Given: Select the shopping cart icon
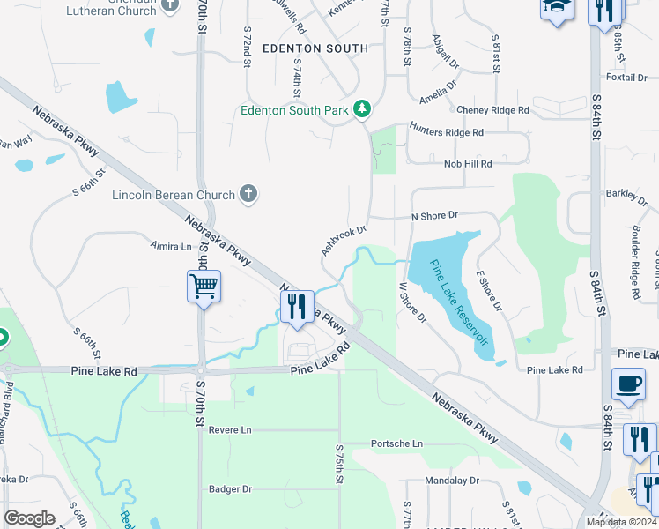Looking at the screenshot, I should pyautogui.click(x=204, y=286).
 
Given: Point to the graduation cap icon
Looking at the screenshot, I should pyautogui.click(x=557, y=9).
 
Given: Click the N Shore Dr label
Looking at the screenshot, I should pyautogui.click(x=435, y=215).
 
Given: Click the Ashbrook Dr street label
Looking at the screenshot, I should pyautogui.click(x=343, y=239).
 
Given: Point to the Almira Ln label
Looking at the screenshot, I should pyautogui.click(x=171, y=246).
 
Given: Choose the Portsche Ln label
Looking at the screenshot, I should pyautogui.click(x=396, y=443).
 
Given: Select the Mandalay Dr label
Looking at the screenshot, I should pyautogui.click(x=451, y=481).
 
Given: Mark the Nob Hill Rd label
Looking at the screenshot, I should pyautogui.click(x=468, y=163).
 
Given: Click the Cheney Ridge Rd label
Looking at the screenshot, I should pyautogui.click(x=493, y=110).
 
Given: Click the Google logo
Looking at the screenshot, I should pyautogui.click(x=30, y=518).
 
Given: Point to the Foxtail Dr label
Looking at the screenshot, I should pyautogui.click(x=626, y=78).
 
